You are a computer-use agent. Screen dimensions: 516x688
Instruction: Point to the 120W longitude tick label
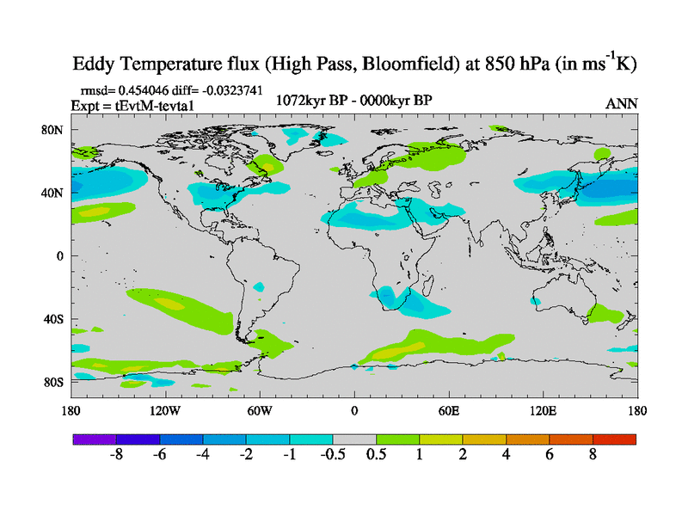click(165, 410)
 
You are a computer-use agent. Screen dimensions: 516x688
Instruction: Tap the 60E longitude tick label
click(449, 410)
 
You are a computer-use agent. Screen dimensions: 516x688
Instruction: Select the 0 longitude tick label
click(354, 410)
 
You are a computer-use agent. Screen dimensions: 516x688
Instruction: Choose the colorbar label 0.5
click(376, 455)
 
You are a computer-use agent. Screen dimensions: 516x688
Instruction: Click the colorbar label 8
click(593, 455)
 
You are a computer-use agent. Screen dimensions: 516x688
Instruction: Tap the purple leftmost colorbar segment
click(94, 439)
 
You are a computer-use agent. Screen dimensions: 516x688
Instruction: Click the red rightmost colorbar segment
click(614, 439)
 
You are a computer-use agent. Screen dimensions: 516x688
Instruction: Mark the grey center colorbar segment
click(354, 439)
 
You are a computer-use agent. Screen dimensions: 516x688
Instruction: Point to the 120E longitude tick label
click(544, 410)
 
